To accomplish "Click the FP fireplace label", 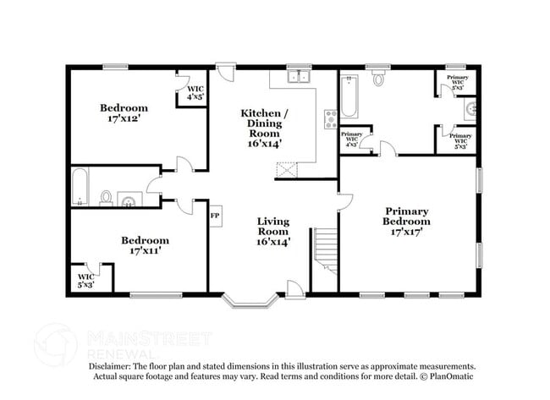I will coord(215,216).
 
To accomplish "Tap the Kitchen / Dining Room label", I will coord(265,128).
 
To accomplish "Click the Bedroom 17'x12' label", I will coord(124,113).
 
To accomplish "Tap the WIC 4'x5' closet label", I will coord(195,92).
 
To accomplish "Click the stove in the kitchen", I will coord(330,120).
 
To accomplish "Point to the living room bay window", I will coord(250,299).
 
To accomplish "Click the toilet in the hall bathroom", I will coord(107,198).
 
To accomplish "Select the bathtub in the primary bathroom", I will coord(349,98).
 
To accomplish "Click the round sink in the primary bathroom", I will coord(470,109).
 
